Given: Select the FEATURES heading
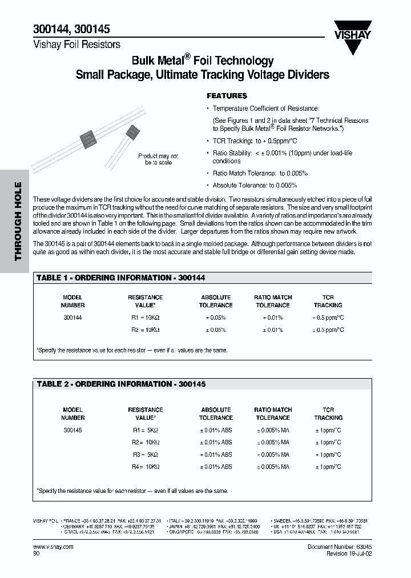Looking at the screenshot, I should tap(227, 96).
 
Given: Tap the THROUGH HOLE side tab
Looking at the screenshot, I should tap(17, 221).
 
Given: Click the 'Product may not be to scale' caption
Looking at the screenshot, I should tap(158, 159).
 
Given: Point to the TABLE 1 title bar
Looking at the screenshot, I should tap(121, 278).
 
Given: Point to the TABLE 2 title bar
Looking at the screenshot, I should tap(121, 384).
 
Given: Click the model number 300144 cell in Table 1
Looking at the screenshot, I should tap(72, 317).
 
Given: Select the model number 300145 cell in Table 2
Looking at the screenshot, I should tap(72, 430).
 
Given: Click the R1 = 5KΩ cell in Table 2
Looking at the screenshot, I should tap(145, 430).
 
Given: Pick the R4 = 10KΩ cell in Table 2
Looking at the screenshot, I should tap(145, 467).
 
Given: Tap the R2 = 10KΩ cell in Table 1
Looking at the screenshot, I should tap(145, 330).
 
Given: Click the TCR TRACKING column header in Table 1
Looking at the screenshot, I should tap(328, 301).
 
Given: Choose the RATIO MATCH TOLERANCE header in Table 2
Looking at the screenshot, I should tap(273, 414).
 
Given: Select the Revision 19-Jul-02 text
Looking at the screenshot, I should tap(349, 553).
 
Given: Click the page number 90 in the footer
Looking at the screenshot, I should tap(37, 553).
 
